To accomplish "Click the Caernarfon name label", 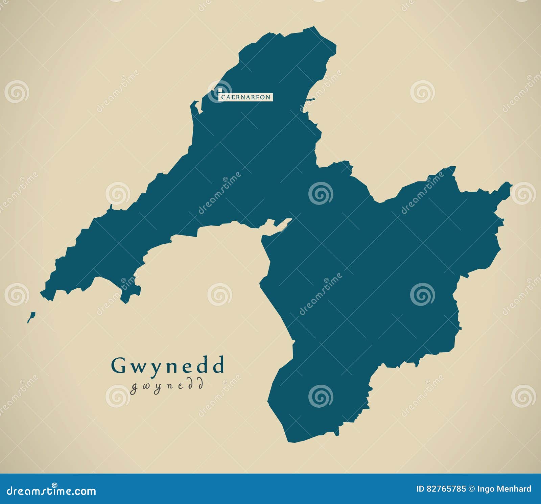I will [246, 97].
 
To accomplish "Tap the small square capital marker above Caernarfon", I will [220, 91].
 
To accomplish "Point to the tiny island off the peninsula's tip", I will [31, 317].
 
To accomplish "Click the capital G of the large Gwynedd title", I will [118, 365].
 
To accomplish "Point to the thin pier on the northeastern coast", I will [310, 99].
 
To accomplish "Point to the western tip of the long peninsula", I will [41, 292].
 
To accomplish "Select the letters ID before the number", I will [419, 489].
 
